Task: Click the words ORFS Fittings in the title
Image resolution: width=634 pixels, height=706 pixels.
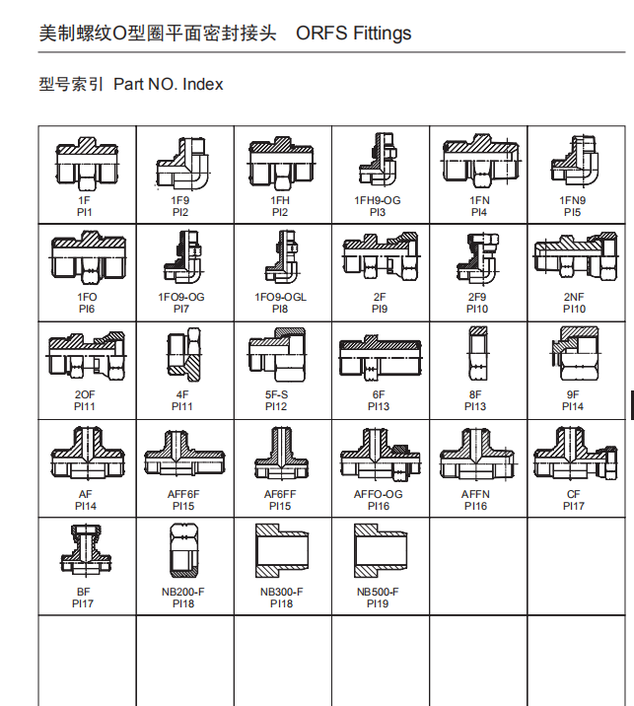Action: pyautogui.click(x=353, y=34)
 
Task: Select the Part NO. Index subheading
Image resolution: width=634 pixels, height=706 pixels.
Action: pyautogui.click(x=168, y=84)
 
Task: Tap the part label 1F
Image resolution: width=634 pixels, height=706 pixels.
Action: pyautogui.click(x=84, y=200)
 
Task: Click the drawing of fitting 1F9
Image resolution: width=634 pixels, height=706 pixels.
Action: pyautogui.click(x=182, y=163)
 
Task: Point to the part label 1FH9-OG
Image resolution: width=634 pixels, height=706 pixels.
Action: pyautogui.click(x=378, y=200)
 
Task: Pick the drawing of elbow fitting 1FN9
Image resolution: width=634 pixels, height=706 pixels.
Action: pyautogui.click(x=575, y=160)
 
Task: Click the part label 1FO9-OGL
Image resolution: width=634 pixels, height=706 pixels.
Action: pyautogui.click(x=280, y=297)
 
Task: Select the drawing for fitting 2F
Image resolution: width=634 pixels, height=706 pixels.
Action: pyautogui.click(x=381, y=256)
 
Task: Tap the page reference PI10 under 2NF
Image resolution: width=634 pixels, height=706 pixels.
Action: pyautogui.click(x=574, y=309)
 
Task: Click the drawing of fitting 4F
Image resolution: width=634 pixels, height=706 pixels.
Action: pyautogui.click(x=183, y=355)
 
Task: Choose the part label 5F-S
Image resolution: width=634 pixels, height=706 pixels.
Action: pyautogui.click(x=276, y=394)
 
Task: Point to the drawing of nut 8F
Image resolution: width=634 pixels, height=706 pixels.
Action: pyautogui.click(x=478, y=354)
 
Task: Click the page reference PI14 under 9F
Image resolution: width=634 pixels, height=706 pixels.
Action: pyautogui.click(x=573, y=406)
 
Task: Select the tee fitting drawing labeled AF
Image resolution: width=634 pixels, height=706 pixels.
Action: pyautogui.click(x=88, y=453)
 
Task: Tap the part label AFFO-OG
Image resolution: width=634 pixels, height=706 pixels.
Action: pyautogui.click(x=379, y=494)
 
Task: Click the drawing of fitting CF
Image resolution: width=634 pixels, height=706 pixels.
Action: pyautogui.click(x=576, y=454)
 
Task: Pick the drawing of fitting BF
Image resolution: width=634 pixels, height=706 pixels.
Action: pyautogui.click(x=86, y=550)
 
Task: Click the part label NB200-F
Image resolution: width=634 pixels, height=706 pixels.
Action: pyautogui.click(x=183, y=592)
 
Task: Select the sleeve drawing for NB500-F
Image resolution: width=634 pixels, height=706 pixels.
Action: pyautogui.click(x=381, y=550)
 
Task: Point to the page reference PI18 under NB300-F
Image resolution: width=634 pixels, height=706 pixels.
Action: pyautogui.click(x=281, y=603)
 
